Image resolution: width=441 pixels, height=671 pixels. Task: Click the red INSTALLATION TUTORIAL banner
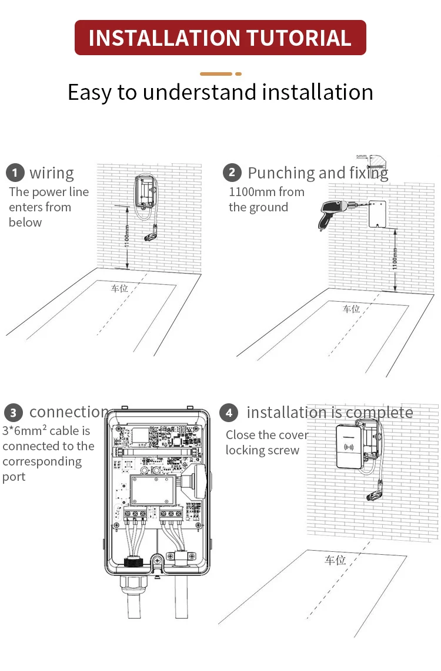[x=220, y=38]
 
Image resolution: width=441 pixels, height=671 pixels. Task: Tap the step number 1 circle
[x=15, y=173]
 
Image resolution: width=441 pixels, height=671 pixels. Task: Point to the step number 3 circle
[x=13, y=413]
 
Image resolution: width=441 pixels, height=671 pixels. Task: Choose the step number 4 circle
[x=229, y=413]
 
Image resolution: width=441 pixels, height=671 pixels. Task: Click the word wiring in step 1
[x=52, y=173]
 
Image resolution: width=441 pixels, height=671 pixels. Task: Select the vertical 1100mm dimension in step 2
[x=395, y=258]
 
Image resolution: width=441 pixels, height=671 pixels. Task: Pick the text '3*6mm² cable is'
[x=46, y=431]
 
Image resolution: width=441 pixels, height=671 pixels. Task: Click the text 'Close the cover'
[x=267, y=435]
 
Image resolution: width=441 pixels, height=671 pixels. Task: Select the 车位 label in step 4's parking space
[x=335, y=560]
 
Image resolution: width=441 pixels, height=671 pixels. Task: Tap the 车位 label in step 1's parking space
[x=119, y=288]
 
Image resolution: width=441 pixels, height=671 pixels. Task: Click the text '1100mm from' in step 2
[x=266, y=192]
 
